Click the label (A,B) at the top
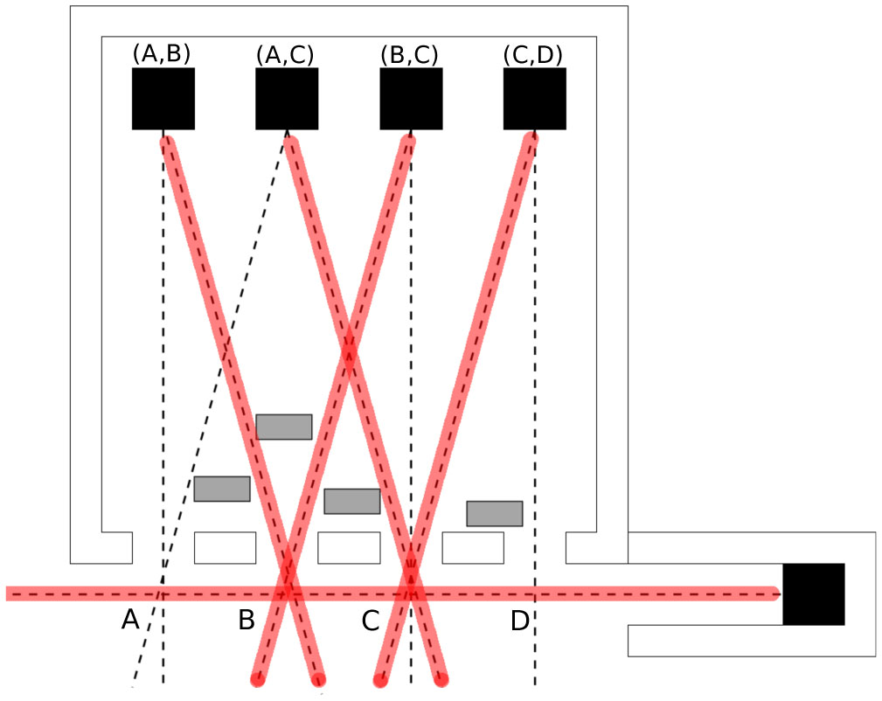162,53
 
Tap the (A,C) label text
286,54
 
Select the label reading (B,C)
410,54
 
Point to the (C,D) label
533,54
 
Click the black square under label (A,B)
163,99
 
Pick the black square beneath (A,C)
287,99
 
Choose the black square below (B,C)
411,99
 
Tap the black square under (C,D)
535,99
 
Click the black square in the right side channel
814,594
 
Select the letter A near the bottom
130,621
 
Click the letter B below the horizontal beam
247,621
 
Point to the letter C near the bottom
371,621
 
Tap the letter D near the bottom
520,621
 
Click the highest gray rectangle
284,427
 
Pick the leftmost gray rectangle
222,489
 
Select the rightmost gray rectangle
495,513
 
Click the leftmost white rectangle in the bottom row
225,548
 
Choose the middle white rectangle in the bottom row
349,548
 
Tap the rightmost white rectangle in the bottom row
473,548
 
